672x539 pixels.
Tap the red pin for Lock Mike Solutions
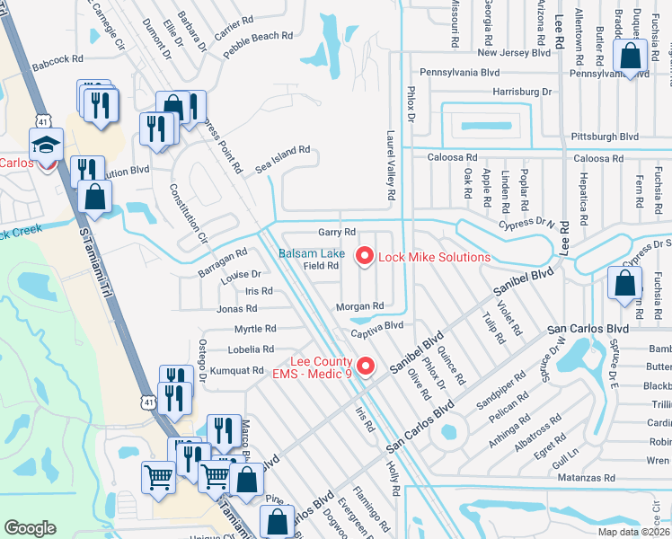(365, 257)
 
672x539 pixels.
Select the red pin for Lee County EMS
(365, 367)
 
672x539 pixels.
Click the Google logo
(31, 528)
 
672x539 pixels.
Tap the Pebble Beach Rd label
(258, 47)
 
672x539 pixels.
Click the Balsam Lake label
(310, 254)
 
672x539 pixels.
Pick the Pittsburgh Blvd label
(605, 137)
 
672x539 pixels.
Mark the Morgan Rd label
(360, 305)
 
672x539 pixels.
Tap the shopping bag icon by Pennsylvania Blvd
(631, 56)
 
